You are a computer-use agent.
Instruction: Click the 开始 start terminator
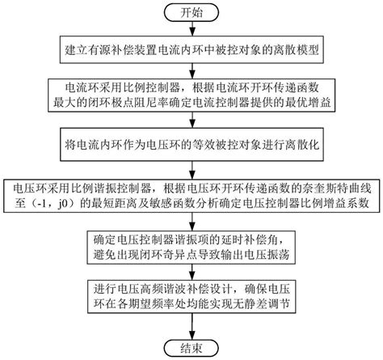click(191, 13)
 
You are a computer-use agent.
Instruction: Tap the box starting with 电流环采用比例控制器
click(191, 95)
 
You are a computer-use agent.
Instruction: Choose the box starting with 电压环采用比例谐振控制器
click(191, 194)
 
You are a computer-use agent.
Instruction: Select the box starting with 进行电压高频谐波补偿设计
click(191, 299)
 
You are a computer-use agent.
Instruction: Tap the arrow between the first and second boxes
click(191, 71)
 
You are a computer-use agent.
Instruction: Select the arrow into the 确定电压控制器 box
click(191, 221)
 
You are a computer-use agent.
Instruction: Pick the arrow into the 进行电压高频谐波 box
click(191, 273)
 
